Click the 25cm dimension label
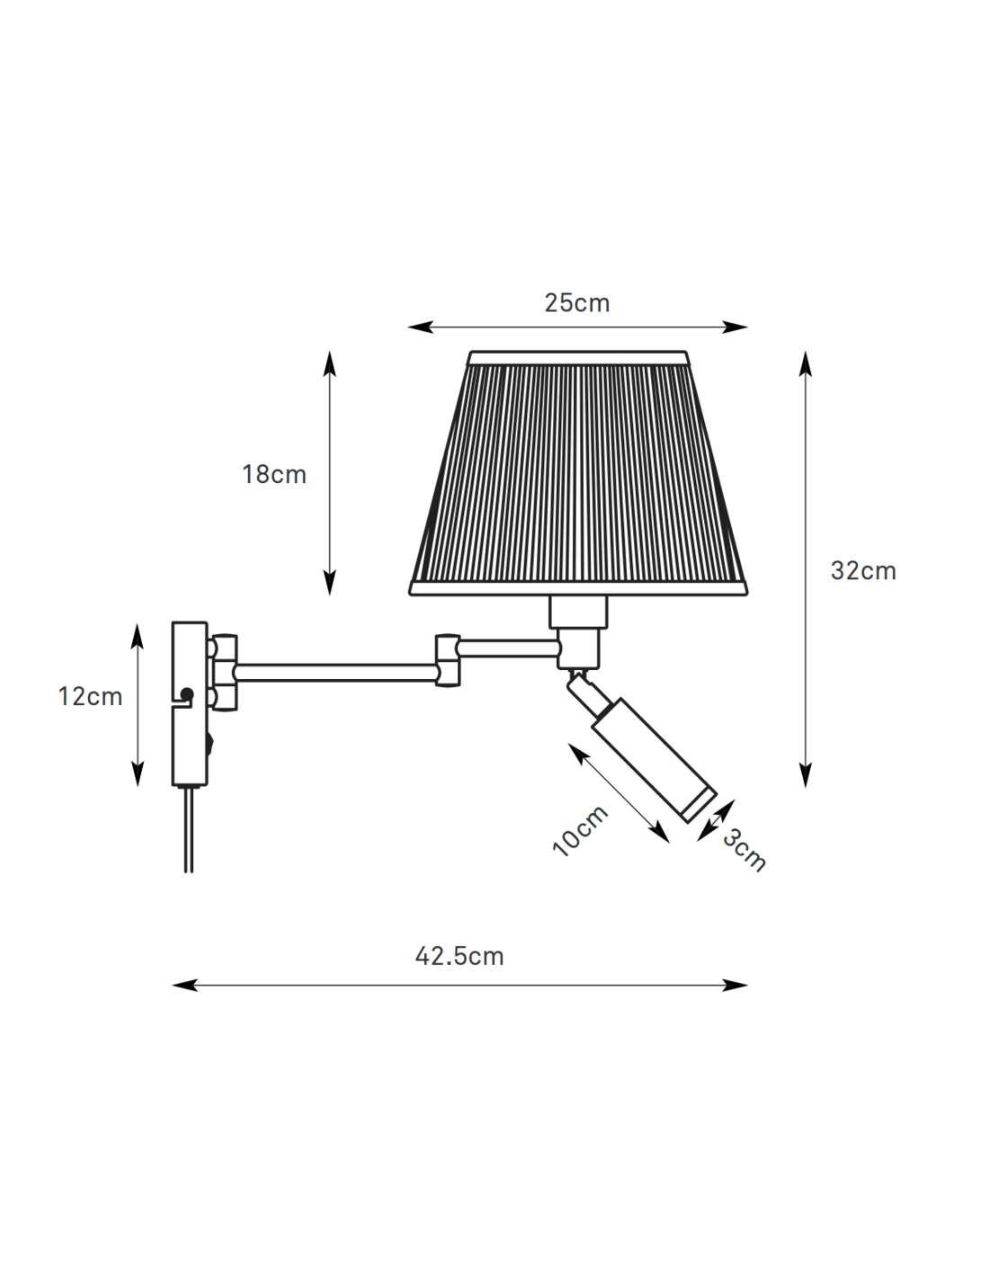[576, 303]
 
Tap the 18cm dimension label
[274, 474]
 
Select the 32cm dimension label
[863, 571]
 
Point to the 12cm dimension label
[90, 696]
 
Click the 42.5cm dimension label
[459, 956]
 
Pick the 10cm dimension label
[580, 830]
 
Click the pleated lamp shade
[578, 474]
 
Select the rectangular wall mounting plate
[190, 704]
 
